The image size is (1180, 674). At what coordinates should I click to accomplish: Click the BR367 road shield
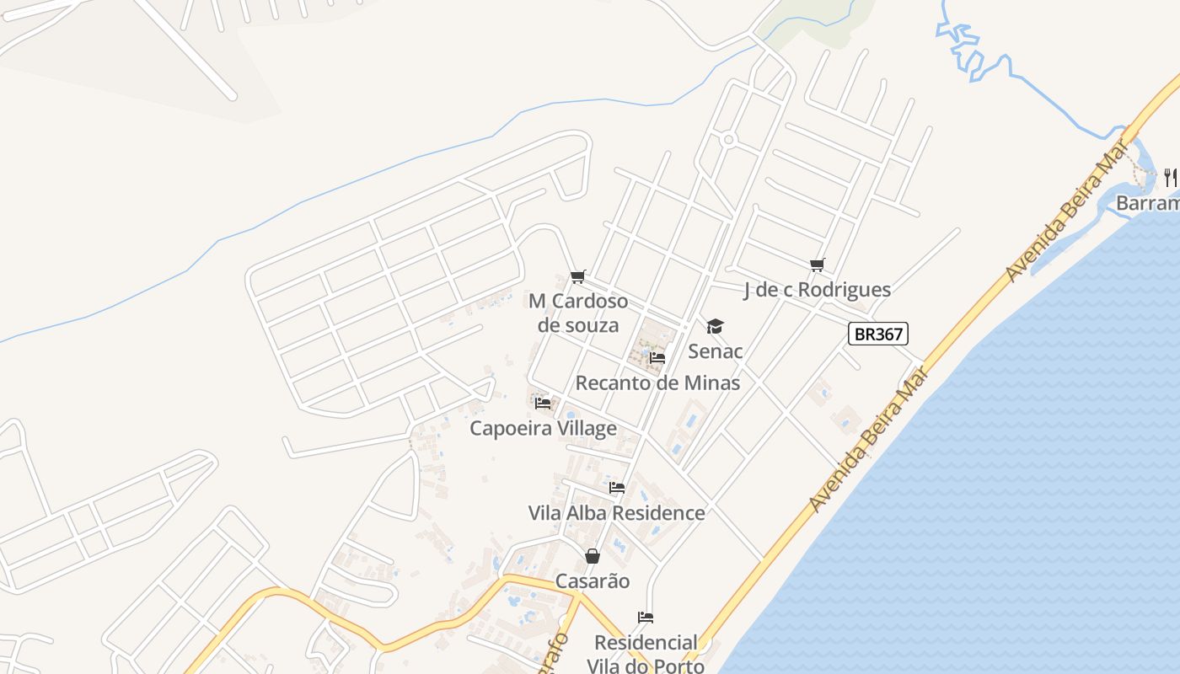(x=878, y=334)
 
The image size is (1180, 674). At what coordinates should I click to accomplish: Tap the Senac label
(x=716, y=350)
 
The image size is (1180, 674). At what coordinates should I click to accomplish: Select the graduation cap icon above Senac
(x=715, y=326)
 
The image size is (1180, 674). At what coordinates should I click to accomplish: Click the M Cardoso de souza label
(x=578, y=313)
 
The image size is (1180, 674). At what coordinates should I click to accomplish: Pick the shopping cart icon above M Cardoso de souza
(x=578, y=276)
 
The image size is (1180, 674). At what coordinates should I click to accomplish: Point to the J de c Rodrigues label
(x=817, y=290)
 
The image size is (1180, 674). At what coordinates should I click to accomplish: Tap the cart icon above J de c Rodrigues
(x=817, y=265)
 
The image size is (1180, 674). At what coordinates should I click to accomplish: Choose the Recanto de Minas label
(x=657, y=382)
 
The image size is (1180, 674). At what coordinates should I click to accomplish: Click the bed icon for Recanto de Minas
(x=657, y=358)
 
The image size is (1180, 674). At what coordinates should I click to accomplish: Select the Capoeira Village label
(x=543, y=428)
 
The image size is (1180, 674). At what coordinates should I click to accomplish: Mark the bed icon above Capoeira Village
(x=543, y=404)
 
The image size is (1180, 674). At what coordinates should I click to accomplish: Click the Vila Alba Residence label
(x=616, y=512)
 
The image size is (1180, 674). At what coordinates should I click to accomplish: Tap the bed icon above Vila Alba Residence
(x=617, y=488)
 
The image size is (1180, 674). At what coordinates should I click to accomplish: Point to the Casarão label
(x=593, y=581)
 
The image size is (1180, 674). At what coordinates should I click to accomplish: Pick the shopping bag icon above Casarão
(x=593, y=556)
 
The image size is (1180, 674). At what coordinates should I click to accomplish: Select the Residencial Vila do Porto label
(x=646, y=654)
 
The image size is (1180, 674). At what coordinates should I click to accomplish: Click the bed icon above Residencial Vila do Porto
(x=646, y=618)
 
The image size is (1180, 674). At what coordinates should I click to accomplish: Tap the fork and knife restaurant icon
(x=1171, y=177)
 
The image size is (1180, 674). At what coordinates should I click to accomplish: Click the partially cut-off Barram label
(x=1147, y=203)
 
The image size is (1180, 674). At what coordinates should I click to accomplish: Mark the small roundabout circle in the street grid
(x=728, y=139)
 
